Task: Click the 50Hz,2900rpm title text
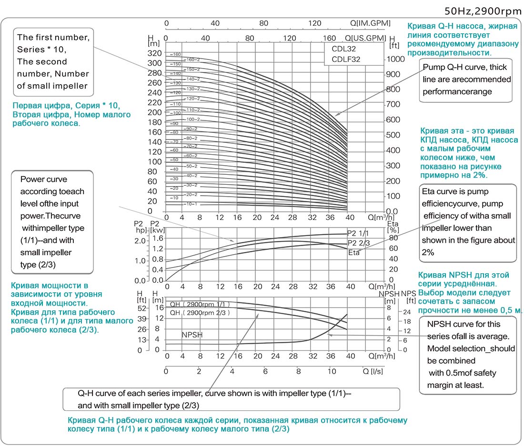pos(482,10)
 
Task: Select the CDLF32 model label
pos(342,59)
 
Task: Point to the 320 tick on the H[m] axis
pos(156,53)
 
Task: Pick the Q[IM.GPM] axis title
pos(370,23)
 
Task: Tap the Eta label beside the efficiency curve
pos(354,253)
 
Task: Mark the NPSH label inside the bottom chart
pos(192,335)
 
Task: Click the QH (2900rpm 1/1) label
pos(200,304)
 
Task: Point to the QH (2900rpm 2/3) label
pos(200,313)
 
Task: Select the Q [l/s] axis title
pos(373,371)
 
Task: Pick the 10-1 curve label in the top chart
pos(191,204)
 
